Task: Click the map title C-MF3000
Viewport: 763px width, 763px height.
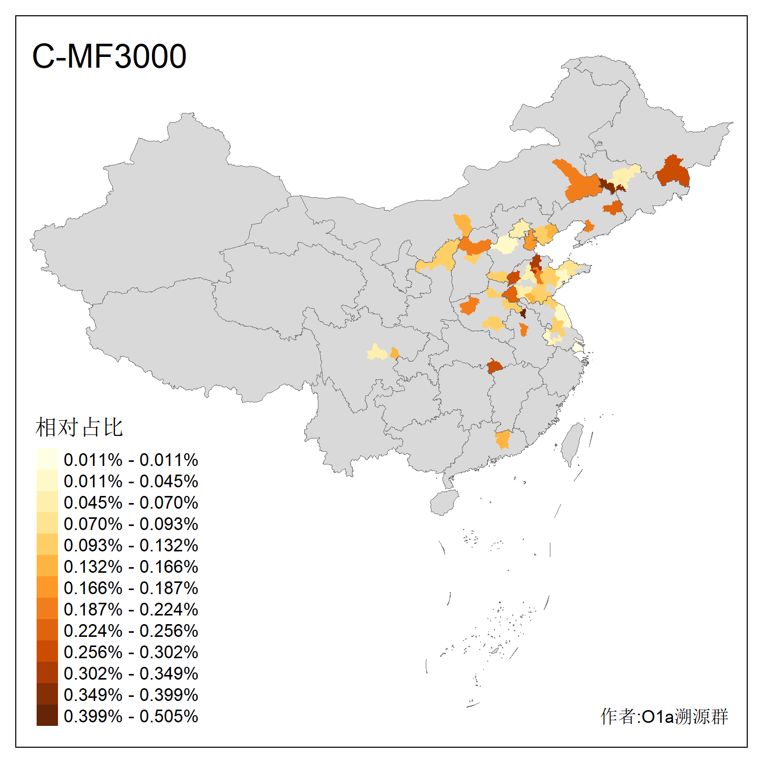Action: [109, 56]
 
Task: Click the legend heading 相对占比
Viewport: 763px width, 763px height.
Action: [79, 427]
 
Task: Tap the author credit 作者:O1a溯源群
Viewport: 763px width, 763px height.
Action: [664, 716]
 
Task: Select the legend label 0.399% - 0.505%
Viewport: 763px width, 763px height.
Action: [131, 716]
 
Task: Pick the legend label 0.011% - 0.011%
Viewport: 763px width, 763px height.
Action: [131, 460]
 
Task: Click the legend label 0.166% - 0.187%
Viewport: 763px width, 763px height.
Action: [131, 588]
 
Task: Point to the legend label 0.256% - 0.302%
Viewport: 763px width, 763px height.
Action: [131, 652]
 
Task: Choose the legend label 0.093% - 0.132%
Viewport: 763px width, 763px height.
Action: [131, 545]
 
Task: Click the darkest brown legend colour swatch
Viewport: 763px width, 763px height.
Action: [47, 715]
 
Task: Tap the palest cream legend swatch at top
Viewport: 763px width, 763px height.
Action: [47, 459]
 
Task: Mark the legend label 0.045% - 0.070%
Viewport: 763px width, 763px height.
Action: [131, 503]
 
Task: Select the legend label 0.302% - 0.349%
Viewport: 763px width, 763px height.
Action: [131, 673]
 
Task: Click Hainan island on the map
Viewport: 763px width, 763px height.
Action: [444, 503]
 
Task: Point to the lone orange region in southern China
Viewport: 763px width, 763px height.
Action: [503, 439]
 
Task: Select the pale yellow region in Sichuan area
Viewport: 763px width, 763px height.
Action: [377, 352]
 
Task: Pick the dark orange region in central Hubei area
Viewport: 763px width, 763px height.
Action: [494, 366]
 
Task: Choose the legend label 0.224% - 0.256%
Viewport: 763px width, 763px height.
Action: [131, 631]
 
